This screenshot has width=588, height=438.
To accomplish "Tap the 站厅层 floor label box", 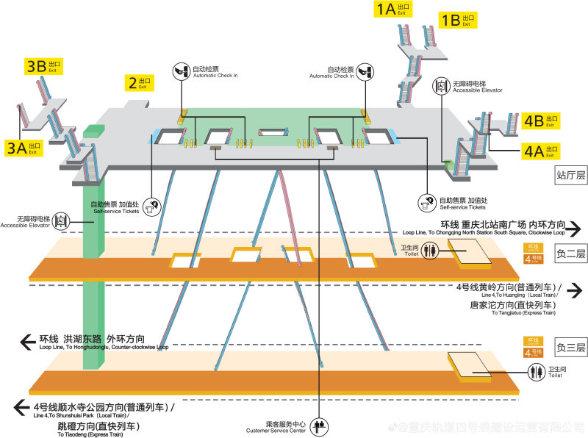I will click(x=571, y=175).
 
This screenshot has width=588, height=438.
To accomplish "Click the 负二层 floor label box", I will click(x=571, y=254).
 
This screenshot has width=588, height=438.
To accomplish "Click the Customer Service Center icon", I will click(x=319, y=426).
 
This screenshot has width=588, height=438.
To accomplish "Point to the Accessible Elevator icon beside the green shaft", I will click(x=61, y=220).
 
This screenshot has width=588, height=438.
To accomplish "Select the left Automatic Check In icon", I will click(x=181, y=71).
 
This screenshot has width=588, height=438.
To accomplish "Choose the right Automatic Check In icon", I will click(x=366, y=71).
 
